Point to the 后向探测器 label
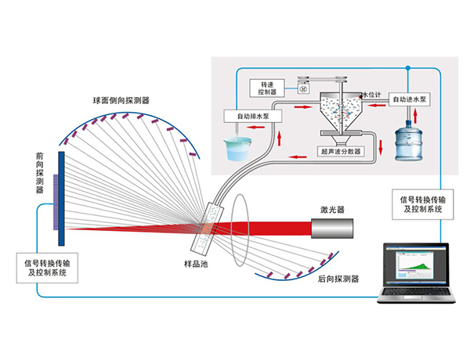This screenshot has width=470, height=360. coord(338,279)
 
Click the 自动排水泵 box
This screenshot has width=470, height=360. coord(247,115)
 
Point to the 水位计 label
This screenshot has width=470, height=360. coord(370,94)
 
